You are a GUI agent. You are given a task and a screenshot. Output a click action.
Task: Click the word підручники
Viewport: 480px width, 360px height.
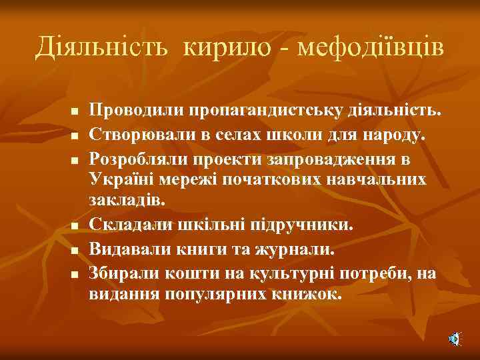[x=303, y=225]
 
